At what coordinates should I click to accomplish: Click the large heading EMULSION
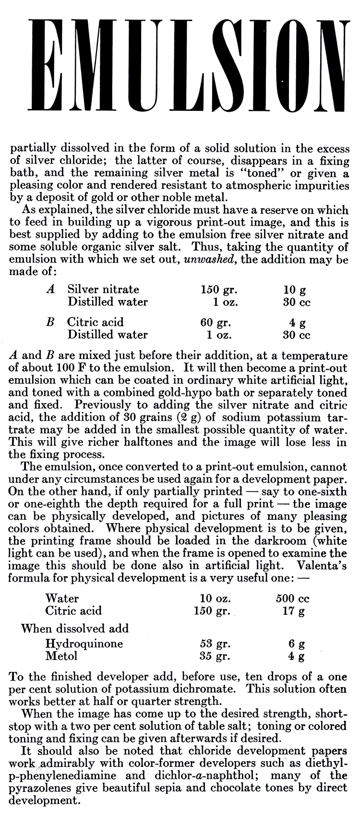tap(180, 66)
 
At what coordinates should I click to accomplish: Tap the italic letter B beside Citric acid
tap(50, 322)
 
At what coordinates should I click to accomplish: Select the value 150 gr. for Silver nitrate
tap(219, 289)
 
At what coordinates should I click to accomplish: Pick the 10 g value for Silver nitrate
tap(294, 290)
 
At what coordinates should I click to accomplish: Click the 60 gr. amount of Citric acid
tap(216, 322)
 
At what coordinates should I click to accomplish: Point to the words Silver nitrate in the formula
tap(103, 289)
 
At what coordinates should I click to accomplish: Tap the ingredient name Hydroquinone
tap(84, 643)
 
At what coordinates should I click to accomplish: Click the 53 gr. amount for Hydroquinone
tap(215, 644)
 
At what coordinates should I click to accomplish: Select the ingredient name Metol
tap(61, 656)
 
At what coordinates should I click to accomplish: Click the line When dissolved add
tap(74, 628)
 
